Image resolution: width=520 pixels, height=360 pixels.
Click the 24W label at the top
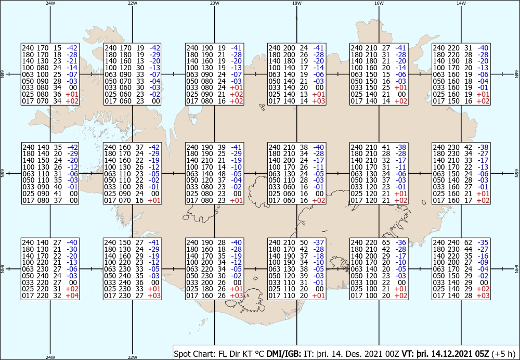click(50, 3)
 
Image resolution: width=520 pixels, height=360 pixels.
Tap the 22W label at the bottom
click(132, 357)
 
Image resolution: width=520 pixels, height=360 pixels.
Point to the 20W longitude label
click(215, 3)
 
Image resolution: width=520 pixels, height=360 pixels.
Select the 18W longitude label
click(297, 3)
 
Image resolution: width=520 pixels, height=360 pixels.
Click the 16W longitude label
click(379, 3)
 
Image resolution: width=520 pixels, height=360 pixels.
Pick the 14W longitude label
click(461, 3)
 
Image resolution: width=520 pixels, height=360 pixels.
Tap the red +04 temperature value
click(72, 295)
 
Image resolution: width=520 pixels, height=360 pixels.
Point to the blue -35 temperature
click(484, 242)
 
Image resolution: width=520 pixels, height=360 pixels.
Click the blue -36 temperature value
click(401, 242)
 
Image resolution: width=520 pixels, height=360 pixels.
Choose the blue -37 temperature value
click(319, 242)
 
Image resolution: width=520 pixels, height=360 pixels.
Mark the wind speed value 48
click(221, 174)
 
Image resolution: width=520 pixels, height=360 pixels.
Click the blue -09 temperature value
click(484, 262)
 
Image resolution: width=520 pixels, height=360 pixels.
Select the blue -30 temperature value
click(73, 249)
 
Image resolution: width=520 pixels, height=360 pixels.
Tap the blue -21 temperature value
click(73, 61)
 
